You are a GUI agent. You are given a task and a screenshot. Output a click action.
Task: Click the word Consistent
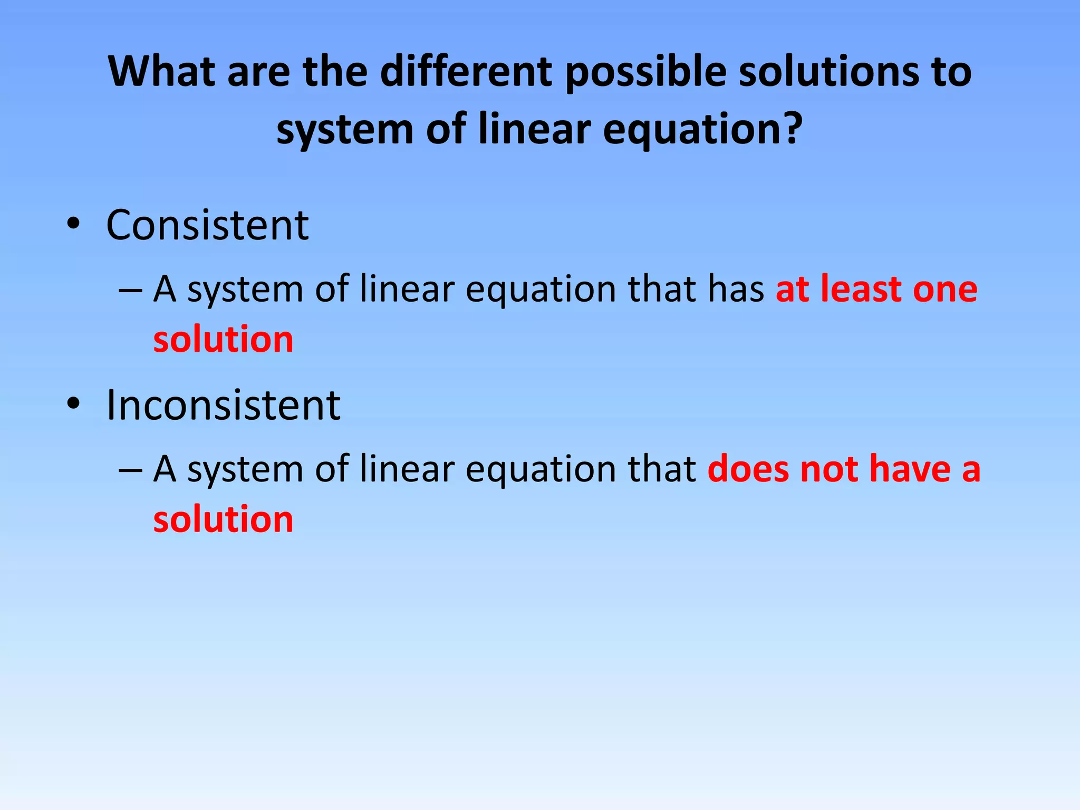207,225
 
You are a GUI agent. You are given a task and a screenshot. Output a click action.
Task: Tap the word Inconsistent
223,404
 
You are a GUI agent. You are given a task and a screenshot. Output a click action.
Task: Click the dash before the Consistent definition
130,290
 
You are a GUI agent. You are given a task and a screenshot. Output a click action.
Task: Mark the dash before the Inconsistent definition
130,470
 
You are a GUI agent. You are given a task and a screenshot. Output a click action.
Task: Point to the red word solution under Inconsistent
223,519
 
